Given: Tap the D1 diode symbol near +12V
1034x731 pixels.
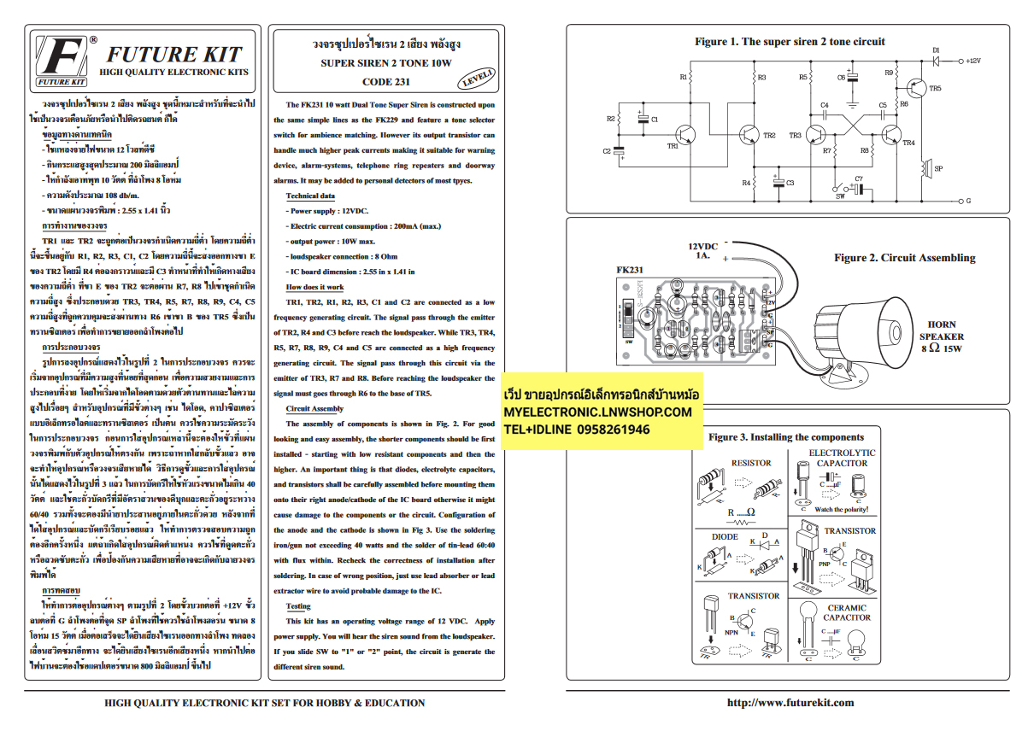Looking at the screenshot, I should tap(937, 61).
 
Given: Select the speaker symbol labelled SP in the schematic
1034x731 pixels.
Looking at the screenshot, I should tap(924, 168).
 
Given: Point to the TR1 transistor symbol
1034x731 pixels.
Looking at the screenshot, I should tap(686, 135).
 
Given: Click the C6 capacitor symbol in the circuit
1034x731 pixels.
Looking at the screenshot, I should tap(852, 77).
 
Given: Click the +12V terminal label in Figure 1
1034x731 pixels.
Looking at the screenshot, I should tap(975, 61).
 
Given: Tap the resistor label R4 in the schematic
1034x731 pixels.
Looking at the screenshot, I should tap(745, 183).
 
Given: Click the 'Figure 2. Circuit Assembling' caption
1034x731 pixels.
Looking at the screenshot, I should tap(904, 258).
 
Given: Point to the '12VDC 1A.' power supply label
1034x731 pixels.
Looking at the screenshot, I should tap(702, 250).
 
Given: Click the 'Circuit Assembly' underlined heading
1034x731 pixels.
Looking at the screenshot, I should tap(314, 409).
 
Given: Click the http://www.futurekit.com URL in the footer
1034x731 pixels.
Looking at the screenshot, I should tap(790, 703).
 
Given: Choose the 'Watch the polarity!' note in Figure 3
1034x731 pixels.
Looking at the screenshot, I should tap(842, 510).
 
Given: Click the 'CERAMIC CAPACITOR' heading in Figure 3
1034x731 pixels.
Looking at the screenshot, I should tap(847, 612).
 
